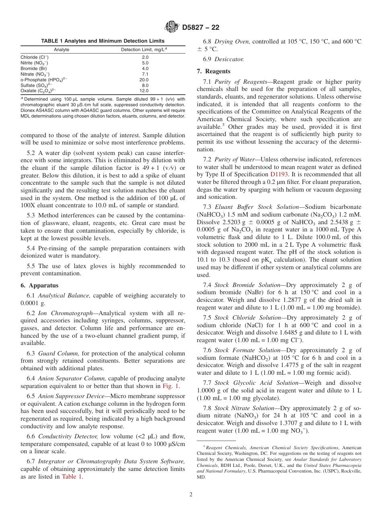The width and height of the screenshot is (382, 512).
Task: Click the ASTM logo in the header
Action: point(172,27)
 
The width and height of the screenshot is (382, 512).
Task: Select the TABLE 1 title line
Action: point(103,41)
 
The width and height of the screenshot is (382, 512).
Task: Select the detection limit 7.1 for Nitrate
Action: point(145,74)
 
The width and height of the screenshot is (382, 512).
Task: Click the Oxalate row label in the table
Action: point(38,91)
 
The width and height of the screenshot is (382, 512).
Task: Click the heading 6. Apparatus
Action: point(39,285)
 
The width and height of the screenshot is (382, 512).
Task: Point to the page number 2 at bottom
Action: point(191,495)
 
